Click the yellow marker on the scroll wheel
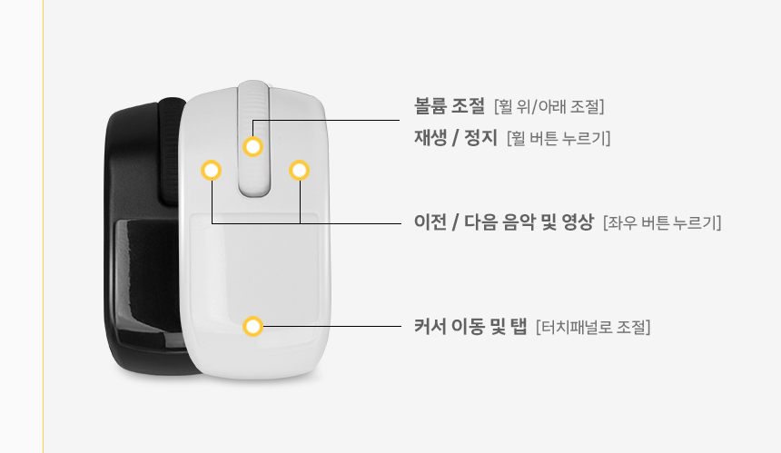click(253, 147)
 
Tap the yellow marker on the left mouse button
click(212, 171)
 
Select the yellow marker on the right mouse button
click(299, 171)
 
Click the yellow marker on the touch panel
click(253, 326)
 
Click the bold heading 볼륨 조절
click(450, 105)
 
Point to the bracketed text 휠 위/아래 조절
click(549, 106)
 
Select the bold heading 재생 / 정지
click(456, 137)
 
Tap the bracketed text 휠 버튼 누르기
click(559, 138)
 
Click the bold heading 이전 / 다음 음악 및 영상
click(504, 222)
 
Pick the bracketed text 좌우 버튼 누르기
click(662, 222)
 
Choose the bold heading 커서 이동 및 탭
click(470, 327)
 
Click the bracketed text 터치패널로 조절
click(593, 327)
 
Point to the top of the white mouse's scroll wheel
click(253, 82)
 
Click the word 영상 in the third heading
click(578, 222)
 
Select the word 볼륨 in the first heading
click(430, 105)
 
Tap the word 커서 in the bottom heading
click(430, 327)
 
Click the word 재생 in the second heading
click(430, 137)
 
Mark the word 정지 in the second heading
click(481, 137)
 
